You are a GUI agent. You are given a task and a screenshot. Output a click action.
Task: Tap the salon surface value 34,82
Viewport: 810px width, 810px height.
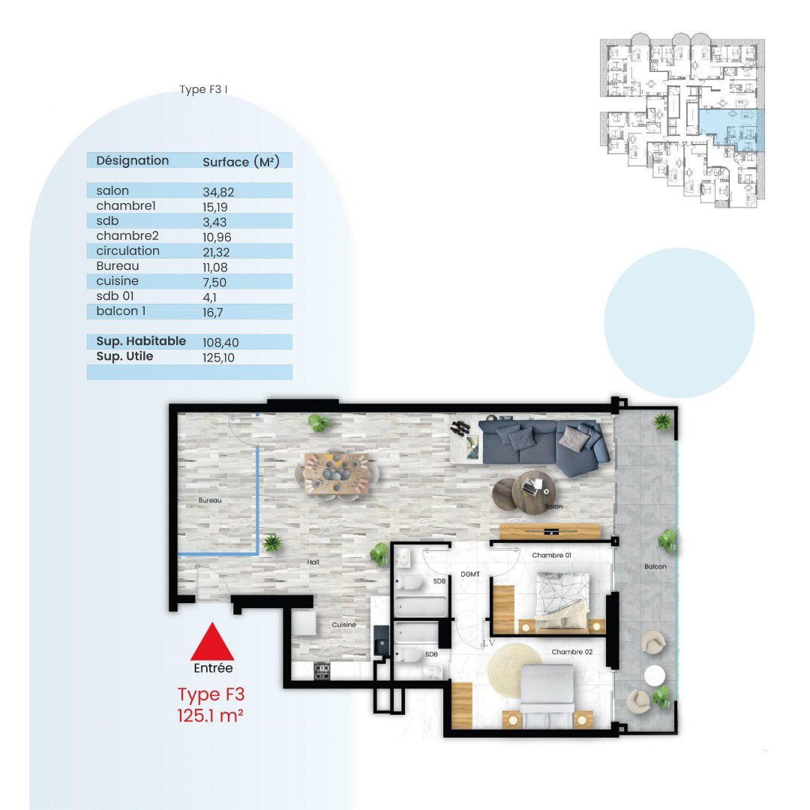[x=218, y=192]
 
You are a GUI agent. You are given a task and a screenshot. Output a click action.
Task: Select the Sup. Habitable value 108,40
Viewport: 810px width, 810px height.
[x=220, y=343]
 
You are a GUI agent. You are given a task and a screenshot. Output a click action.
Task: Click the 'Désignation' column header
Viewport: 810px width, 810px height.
[x=132, y=160]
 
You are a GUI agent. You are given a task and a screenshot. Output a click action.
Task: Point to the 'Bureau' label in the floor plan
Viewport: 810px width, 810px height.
[x=210, y=500]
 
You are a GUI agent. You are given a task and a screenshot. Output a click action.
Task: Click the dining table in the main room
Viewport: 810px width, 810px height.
[x=336, y=474]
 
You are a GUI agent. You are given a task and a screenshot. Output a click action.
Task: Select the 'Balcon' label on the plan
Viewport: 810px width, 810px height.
[x=655, y=566]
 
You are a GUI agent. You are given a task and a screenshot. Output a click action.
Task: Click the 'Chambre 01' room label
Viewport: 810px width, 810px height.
[x=551, y=555]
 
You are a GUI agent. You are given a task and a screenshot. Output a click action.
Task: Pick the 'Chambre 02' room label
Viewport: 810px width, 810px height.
[x=571, y=652]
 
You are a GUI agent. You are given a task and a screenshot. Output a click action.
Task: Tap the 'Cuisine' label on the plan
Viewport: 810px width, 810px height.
[x=344, y=625]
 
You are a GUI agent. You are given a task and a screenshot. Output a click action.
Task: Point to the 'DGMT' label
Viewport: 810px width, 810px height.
[x=470, y=574]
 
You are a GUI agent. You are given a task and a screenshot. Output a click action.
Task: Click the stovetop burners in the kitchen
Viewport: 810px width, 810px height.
[x=322, y=670]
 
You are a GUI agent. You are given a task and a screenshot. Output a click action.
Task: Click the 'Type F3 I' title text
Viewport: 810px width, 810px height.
[x=203, y=89]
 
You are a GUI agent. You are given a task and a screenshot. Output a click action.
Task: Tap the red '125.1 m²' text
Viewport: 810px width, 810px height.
[x=210, y=716]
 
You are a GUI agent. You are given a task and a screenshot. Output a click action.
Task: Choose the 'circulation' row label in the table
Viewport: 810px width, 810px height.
[x=127, y=251]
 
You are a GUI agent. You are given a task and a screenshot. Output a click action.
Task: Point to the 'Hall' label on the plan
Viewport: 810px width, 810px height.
[x=313, y=562]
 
